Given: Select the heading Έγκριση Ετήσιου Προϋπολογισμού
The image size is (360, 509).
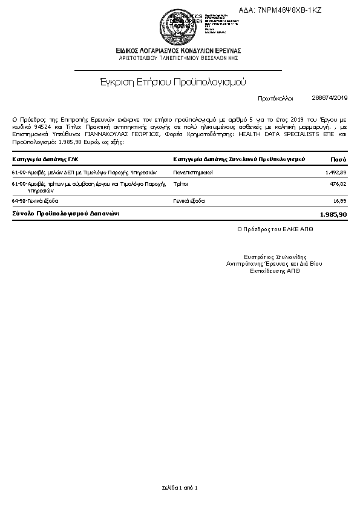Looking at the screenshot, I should point(173,81).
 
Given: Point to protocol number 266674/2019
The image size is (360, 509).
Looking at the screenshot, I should point(330,97).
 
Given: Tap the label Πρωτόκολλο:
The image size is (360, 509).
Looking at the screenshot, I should point(275,97).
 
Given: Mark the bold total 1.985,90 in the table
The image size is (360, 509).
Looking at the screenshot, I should point(333,214).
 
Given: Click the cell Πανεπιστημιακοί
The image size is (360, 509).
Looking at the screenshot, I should point(192,172).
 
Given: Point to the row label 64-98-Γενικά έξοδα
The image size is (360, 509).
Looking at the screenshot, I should point(35,200).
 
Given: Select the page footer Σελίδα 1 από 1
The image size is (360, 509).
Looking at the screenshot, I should point(180,487).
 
